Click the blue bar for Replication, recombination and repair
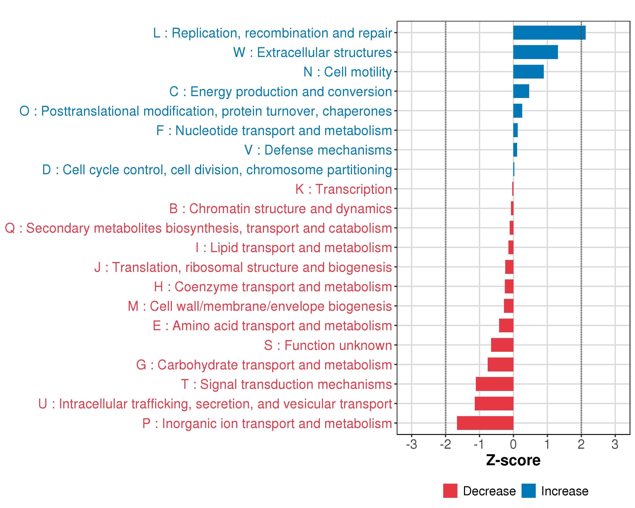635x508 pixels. tap(549, 33)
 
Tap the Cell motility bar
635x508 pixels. tap(528, 72)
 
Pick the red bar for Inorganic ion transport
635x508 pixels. tap(485, 423)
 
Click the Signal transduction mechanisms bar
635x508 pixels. tap(494, 384)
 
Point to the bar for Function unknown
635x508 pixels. tap(502, 345)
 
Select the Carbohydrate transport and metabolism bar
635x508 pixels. tap(500, 364)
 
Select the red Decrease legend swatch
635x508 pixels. tap(450, 491)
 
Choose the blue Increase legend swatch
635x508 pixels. tap(528, 491)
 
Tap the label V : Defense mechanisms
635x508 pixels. tap(318, 150)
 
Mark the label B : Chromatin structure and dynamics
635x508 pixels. tap(280, 208)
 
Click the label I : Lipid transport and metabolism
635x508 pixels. tap(294, 248)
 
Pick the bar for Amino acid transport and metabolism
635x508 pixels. tap(506, 325)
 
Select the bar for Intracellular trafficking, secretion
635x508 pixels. tap(494, 403)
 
